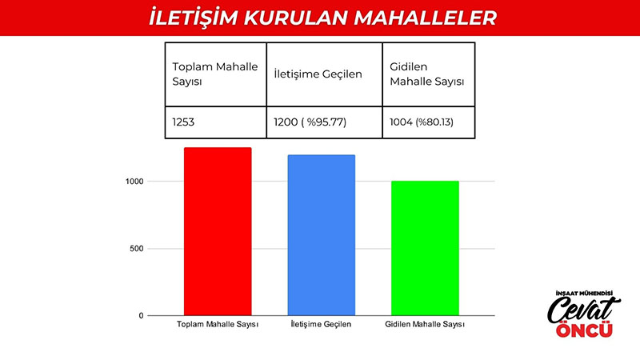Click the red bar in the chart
tap(218, 231)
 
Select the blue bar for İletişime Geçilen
tap(322, 235)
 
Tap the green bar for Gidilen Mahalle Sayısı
tap(425, 248)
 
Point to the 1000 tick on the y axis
tap(134, 182)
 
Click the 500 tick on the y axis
tap(136, 249)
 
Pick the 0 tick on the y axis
tap(142, 315)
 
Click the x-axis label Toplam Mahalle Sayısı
tap(218, 325)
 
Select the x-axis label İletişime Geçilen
tap(321, 325)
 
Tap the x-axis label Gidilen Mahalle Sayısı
tap(425, 325)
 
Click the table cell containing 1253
tap(216, 122)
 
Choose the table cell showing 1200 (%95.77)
tap(325, 122)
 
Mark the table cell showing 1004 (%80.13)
tap(429, 122)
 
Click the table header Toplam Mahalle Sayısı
tap(216, 74)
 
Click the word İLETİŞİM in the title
tap(194, 18)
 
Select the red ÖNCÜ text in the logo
tap(585, 329)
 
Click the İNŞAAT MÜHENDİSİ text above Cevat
tap(585, 293)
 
